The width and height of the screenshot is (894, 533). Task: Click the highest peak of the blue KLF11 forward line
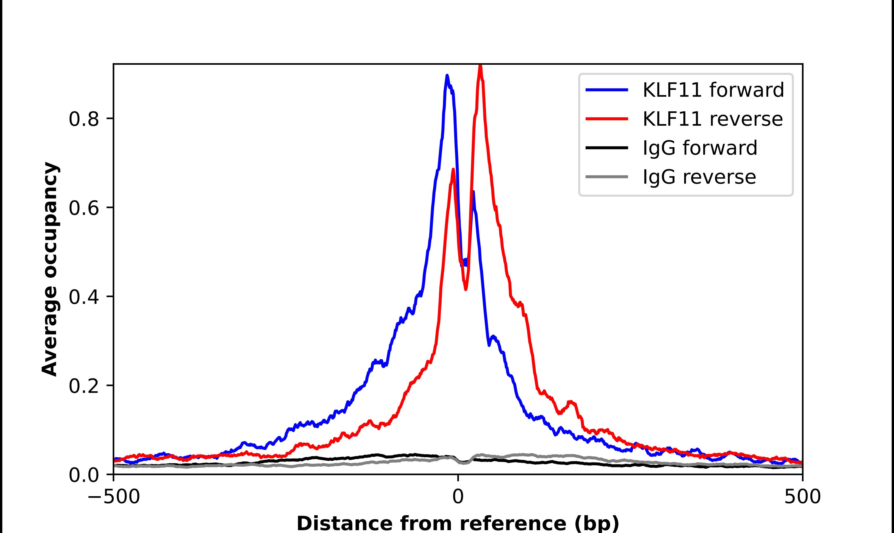(x=447, y=76)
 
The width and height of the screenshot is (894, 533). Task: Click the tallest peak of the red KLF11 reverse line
(x=480, y=66)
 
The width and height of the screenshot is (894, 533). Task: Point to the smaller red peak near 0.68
(x=453, y=169)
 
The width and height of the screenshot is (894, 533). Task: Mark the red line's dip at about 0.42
(x=466, y=289)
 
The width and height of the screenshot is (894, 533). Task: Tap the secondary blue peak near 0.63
(x=473, y=192)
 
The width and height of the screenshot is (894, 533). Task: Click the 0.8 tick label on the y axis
(x=84, y=119)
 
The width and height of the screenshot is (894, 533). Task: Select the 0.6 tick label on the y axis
(x=84, y=208)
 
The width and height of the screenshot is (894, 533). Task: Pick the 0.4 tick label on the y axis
(x=84, y=297)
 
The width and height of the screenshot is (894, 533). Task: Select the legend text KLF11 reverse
(x=713, y=119)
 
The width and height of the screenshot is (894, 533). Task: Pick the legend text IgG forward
(x=700, y=148)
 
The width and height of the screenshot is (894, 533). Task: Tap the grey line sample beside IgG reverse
(x=607, y=177)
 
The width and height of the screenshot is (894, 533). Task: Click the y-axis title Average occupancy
(x=49, y=269)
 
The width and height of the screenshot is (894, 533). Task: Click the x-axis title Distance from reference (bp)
(x=458, y=523)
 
